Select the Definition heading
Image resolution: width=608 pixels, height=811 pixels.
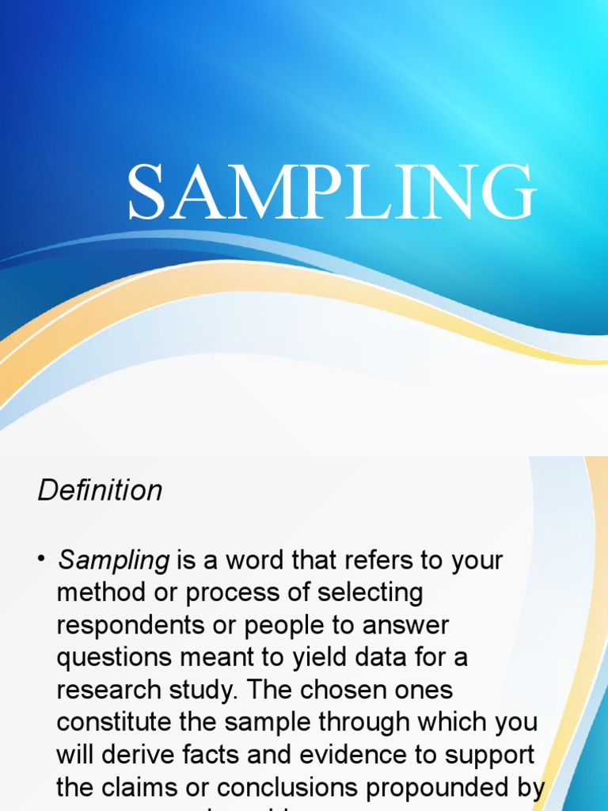coord(100,490)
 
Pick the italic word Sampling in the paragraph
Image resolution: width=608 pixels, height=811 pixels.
coord(114,561)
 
